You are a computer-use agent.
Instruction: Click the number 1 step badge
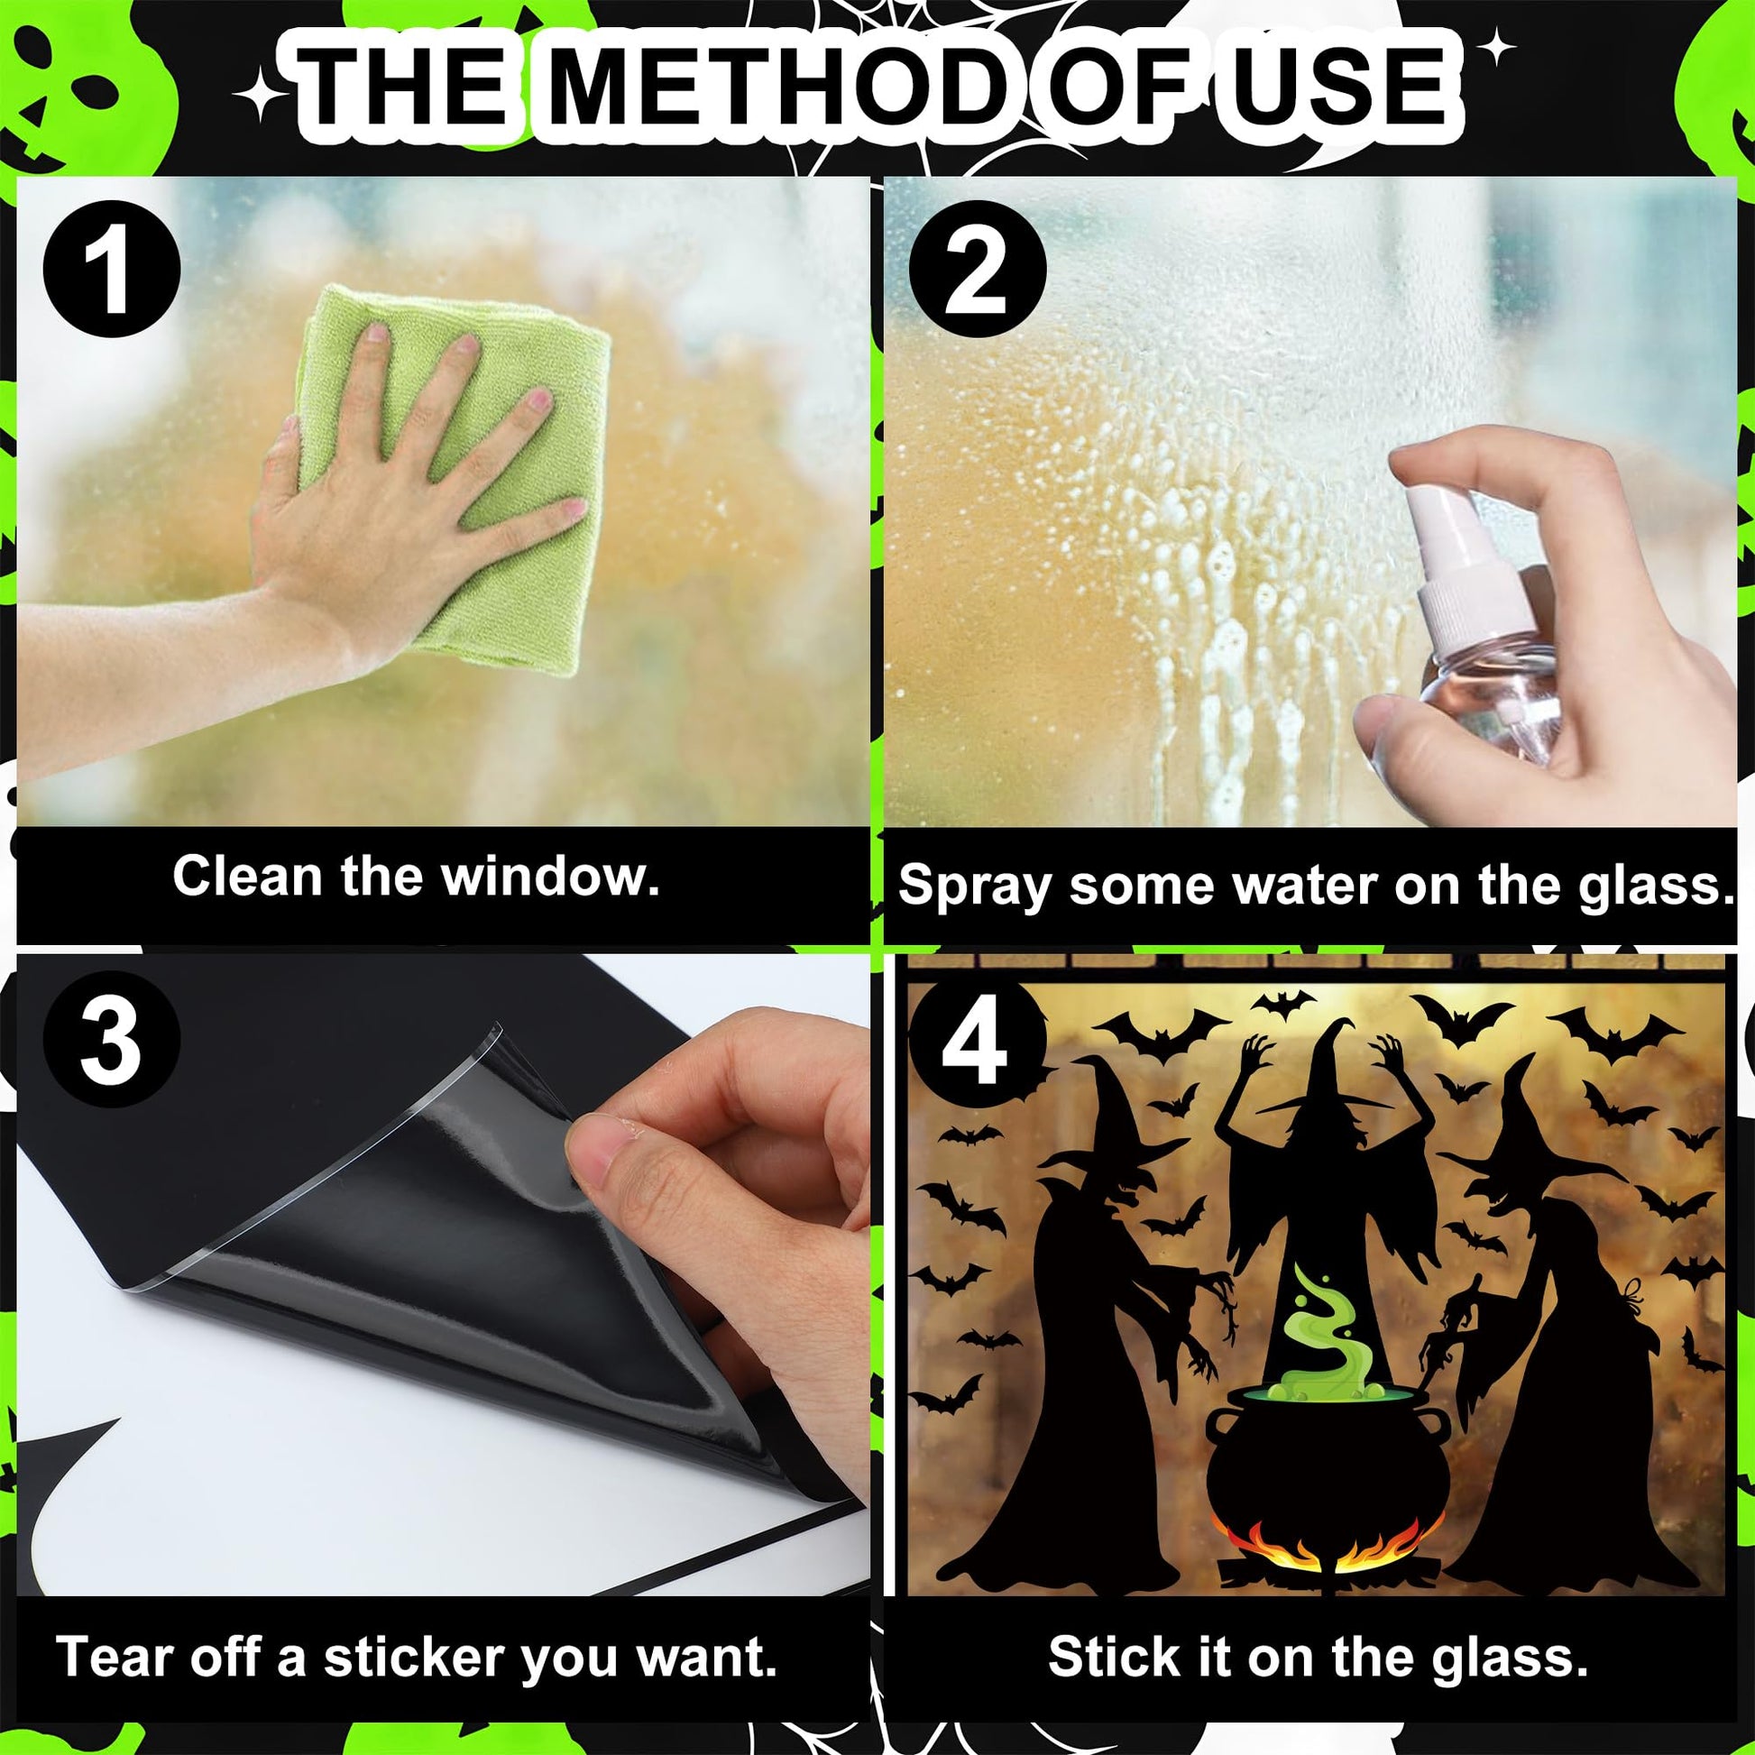(x=111, y=270)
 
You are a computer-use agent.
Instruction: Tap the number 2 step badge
(x=978, y=270)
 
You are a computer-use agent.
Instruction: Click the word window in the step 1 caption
(x=550, y=877)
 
